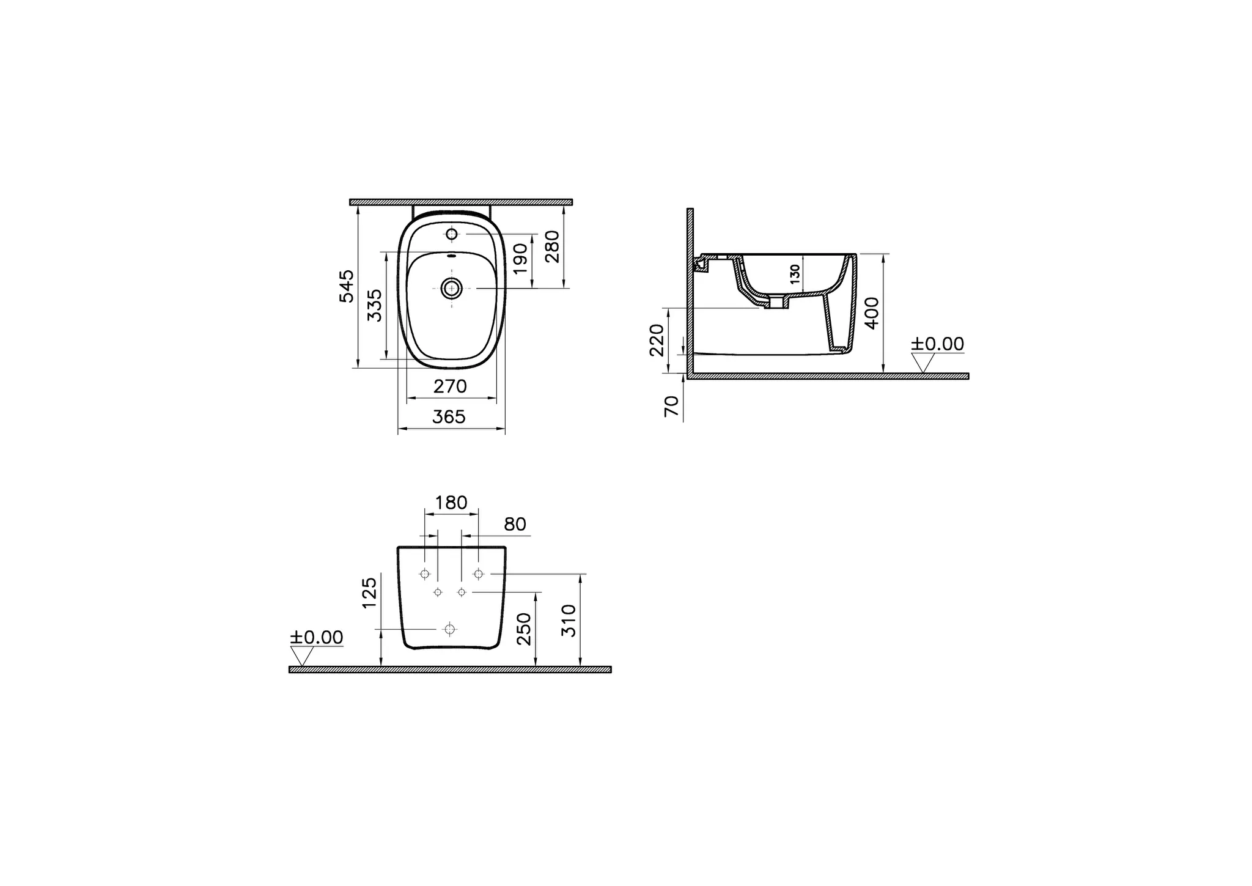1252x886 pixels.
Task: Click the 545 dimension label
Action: point(347,286)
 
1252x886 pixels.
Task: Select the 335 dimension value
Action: point(374,305)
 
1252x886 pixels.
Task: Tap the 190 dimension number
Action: point(520,258)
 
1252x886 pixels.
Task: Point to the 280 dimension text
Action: point(552,246)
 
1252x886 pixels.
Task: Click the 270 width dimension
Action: point(450,386)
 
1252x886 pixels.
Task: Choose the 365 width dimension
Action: point(449,417)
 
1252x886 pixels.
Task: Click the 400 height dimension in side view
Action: point(872,312)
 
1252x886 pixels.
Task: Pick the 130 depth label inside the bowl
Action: point(795,273)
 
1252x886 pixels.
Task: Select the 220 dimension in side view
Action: point(657,340)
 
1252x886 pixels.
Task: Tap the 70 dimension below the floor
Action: point(671,406)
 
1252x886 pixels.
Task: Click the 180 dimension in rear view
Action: point(451,503)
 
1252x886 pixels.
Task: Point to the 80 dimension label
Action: point(515,525)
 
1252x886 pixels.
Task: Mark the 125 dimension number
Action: point(369,593)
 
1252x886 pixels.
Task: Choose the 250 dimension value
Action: point(525,629)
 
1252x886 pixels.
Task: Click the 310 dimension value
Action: point(569,620)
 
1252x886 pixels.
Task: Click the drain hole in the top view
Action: point(452,287)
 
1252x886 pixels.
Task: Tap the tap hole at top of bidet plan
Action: point(452,234)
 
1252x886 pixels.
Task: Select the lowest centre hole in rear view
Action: point(450,629)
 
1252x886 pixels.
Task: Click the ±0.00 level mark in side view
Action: point(937,344)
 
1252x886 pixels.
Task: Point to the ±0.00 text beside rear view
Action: point(316,638)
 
